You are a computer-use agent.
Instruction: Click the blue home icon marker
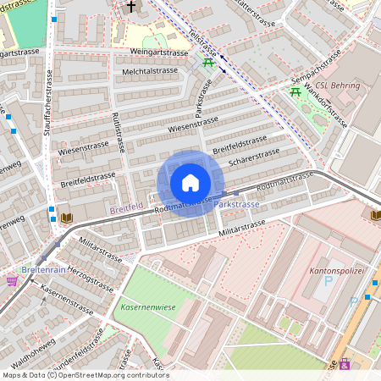(190, 183)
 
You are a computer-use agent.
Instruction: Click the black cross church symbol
(130, 7)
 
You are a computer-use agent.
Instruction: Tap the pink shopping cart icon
(12, 280)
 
